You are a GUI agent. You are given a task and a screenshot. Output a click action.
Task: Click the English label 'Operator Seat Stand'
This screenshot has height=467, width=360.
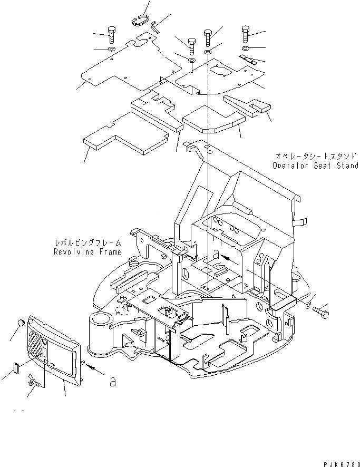[x=315, y=166]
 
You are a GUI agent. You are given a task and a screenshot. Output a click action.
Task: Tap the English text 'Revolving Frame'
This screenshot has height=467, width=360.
[x=87, y=252]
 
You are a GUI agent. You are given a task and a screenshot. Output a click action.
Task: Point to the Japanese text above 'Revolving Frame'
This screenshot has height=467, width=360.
[x=87, y=243]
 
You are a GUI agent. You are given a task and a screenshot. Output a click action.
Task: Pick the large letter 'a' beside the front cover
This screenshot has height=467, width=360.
[x=112, y=382]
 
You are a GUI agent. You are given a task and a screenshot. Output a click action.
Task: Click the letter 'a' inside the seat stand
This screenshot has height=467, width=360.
[x=217, y=254]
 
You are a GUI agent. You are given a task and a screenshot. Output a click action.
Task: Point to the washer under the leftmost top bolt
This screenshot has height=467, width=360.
[x=112, y=50]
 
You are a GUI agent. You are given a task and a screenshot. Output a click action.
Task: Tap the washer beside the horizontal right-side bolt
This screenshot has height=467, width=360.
[x=308, y=305]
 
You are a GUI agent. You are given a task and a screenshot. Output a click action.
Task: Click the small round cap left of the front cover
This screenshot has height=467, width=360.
[x=21, y=322]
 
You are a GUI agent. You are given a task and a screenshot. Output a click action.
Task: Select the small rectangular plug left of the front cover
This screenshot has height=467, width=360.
[x=15, y=366]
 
